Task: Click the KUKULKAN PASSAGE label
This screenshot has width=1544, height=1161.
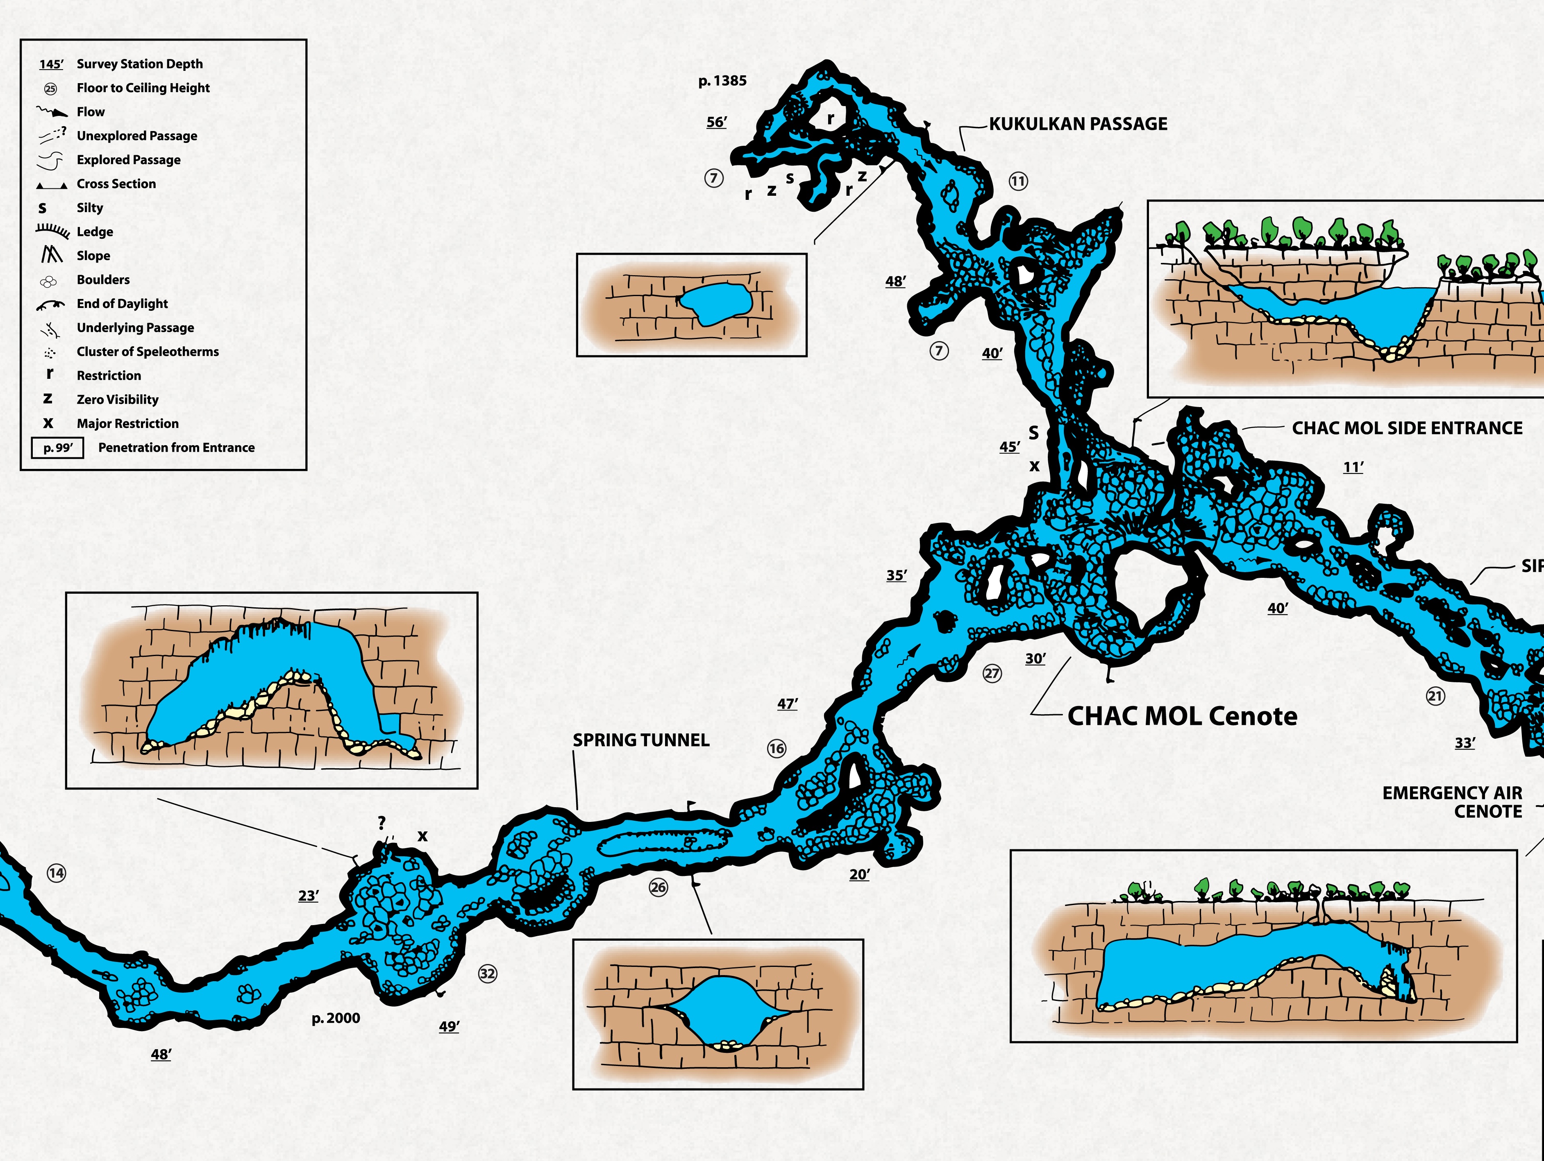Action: coord(1078,124)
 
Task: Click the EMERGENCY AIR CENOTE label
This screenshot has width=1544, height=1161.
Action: coord(1452,802)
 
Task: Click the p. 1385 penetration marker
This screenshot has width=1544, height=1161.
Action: coord(722,81)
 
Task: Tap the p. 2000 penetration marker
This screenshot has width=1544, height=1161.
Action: coord(336,1018)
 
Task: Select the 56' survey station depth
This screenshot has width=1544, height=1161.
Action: coord(716,122)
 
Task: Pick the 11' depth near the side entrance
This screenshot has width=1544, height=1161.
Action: coord(1353,467)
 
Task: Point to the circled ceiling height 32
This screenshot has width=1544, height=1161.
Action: coord(487,973)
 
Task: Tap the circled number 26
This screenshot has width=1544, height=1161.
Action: coord(658,887)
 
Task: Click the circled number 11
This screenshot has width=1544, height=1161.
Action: coord(1018,181)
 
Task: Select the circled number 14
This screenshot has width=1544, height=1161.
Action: coord(57,873)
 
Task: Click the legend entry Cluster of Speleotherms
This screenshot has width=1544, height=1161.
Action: coord(147,352)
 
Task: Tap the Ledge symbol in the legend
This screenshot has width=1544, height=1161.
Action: coord(53,231)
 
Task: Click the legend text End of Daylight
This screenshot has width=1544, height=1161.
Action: coord(122,303)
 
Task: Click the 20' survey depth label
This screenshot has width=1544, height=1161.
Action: coord(859,875)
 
